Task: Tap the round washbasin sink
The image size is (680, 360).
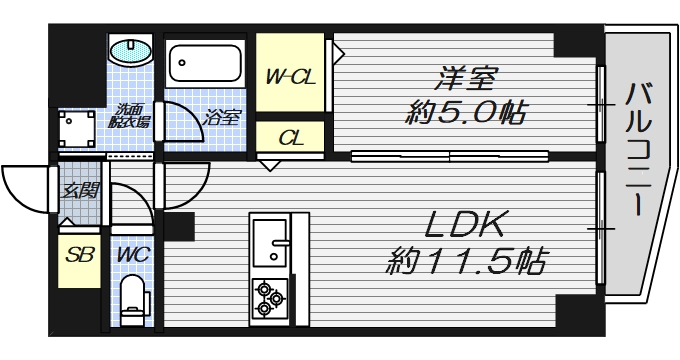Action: (128, 50)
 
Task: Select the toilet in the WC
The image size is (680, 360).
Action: (132, 298)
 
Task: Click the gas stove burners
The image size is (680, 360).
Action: (270, 297)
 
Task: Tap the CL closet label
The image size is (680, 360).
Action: (289, 136)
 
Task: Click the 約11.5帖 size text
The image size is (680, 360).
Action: (466, 264)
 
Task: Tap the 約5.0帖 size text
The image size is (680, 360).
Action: (466, 110)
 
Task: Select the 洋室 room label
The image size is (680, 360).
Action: (466, 75)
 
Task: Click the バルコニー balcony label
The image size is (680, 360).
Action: (637, 150)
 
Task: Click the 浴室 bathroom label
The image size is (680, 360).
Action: (222, 117)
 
